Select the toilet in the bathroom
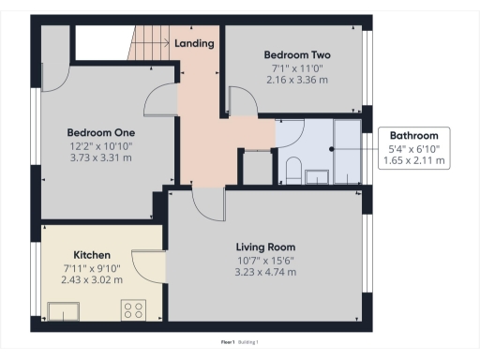tap(292, 171)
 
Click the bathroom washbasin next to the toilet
tap(317, 174)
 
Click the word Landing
tap(194, 43)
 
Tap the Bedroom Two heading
tap(296, 54)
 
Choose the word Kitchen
tap(92, 255)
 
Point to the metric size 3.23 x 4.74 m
tap(266, 272)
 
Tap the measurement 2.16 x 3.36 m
tap(296, 80)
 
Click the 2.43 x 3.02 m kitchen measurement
tap(92, 279)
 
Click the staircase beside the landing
tap(147, 41)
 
